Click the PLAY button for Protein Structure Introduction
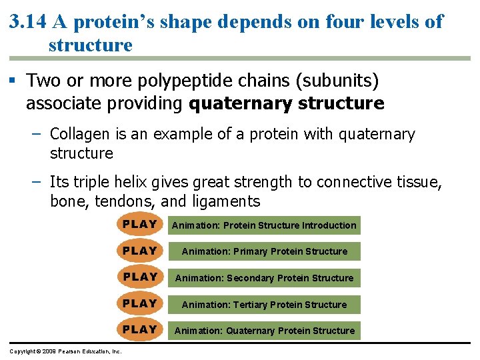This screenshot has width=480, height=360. click(140, 225)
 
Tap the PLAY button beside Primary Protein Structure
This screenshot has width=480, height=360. click(140, 251)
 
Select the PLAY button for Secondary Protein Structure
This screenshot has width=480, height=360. click(140, 277)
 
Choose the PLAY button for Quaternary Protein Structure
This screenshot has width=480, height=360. click(140, 329)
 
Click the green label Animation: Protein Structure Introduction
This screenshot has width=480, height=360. click(264, 225)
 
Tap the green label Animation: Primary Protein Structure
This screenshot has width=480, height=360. click(264, 251)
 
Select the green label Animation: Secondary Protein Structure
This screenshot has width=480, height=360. click(264, 278)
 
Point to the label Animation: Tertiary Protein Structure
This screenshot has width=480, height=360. click(264, 305)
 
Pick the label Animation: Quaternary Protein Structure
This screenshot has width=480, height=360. click(264, 331)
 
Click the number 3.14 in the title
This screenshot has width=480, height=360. click(28, 22)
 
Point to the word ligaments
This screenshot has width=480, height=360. click(226, 201)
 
